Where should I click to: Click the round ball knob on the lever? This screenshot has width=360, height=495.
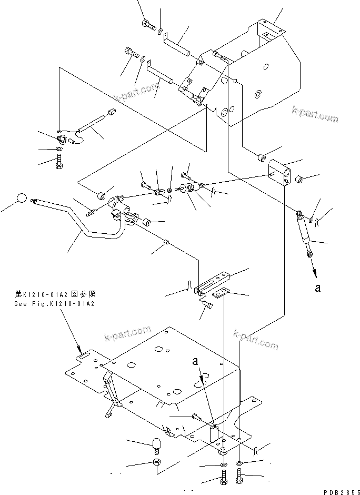click(x=21, y=199)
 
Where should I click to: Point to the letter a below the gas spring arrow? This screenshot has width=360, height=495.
click(x=317, y=288)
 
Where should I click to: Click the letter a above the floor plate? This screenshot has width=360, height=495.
click(x=196, y=362)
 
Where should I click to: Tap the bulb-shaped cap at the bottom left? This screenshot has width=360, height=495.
click(x=156, y=444)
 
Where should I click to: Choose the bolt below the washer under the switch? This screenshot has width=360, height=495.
click(x=60, y=163)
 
